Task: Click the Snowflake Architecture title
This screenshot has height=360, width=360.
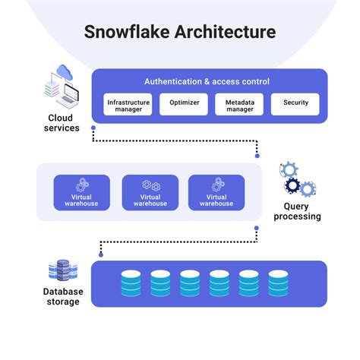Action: [179, 33]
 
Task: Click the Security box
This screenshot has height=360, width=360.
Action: [295, 104]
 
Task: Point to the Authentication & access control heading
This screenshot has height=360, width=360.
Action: [207, 81]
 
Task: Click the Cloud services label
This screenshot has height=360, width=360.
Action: [63, 123]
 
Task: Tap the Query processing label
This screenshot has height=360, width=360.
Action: [302, 211]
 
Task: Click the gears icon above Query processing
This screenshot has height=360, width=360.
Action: [298, 178]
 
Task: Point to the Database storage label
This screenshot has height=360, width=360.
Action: [63, 297]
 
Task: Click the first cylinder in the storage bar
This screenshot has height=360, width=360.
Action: [131, 283]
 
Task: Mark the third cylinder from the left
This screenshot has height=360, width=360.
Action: [191, 283]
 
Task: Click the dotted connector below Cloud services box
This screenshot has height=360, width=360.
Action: [175, 141]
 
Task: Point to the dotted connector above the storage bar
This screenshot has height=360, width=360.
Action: [175, 242]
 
